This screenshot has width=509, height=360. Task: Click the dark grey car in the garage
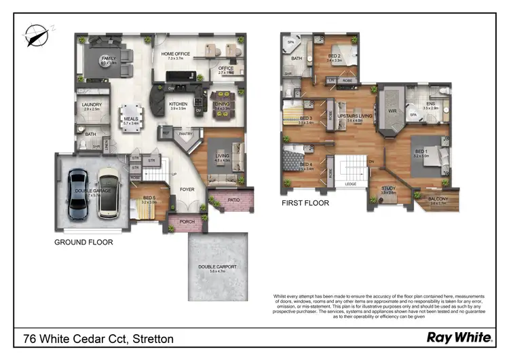79,194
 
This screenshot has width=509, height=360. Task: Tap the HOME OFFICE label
176,54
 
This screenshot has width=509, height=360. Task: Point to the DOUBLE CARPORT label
217,267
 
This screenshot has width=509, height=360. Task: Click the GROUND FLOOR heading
83,242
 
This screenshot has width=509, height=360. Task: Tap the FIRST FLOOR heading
305,203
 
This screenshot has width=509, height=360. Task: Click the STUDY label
388,189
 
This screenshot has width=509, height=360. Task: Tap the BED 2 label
335,56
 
